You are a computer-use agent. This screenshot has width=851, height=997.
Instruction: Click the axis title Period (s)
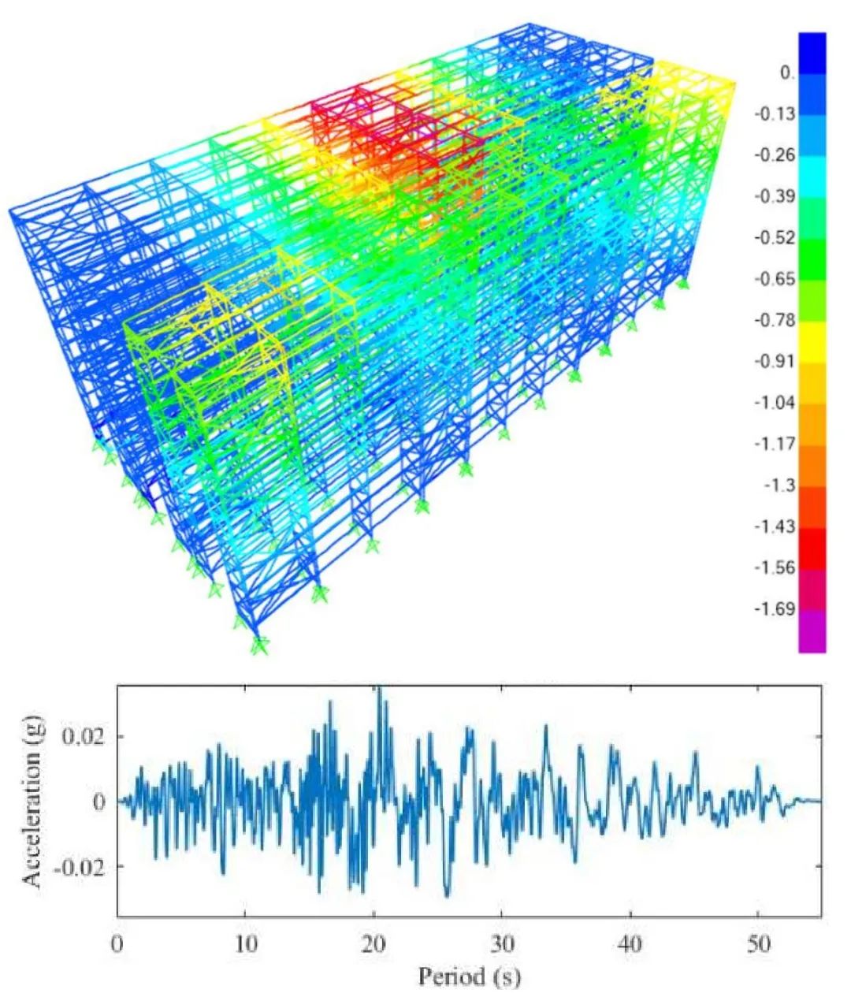[469, 978]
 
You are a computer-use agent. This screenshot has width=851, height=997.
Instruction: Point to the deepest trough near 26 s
[448, 895]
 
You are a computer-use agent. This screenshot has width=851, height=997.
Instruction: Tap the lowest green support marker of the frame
[259, 645]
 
